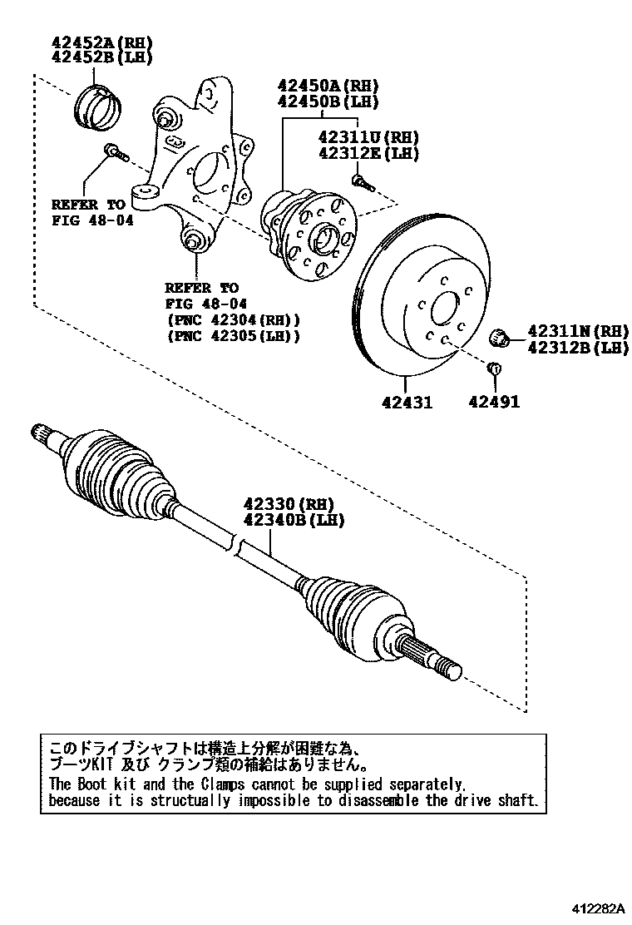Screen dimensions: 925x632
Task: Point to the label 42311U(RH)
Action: click(x=368, y=138)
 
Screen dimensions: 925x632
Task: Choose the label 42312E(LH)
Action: click(x=368, y=153)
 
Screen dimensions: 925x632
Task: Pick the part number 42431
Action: click(x=407, y=403)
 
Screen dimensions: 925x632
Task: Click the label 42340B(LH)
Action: click(x=293, y=520)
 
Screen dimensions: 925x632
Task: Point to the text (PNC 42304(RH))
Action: click(x=233, y=320)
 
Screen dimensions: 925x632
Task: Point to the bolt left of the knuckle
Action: click(x=114, y=152)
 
